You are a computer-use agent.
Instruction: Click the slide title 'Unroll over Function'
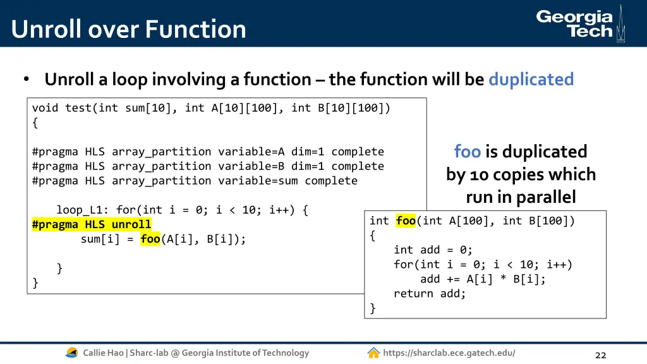point(128,29)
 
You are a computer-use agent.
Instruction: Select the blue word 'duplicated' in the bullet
point(531,80)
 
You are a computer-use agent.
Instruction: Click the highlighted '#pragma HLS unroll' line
point(92,224)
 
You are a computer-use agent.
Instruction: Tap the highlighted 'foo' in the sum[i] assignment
point(150,239)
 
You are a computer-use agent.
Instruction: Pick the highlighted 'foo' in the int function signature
point(406,221)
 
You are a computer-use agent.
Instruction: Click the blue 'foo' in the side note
point(467,152)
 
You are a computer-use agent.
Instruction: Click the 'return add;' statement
point(430,294)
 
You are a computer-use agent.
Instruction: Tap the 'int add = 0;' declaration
point(433,250)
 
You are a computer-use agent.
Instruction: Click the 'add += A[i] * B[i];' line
point(483,279)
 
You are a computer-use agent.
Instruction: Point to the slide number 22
point(600,355)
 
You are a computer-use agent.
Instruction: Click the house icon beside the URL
point(373,353)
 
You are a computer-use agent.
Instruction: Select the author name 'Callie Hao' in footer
point(104,353)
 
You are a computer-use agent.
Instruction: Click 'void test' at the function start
point(62,108)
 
